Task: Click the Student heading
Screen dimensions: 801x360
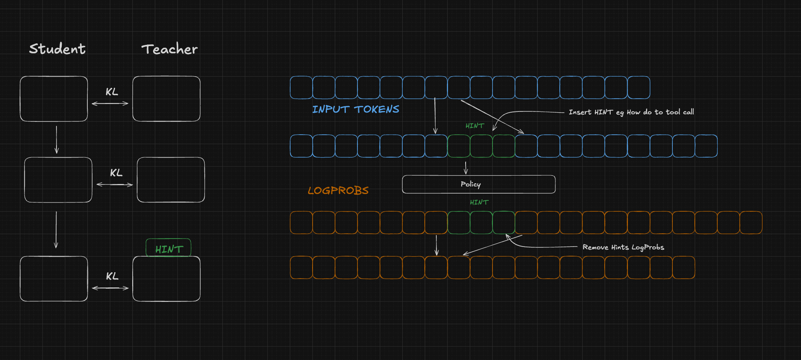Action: coord(57,49)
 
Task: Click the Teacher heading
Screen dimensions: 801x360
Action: coord(169,49)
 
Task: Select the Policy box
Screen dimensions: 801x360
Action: coord(479,184)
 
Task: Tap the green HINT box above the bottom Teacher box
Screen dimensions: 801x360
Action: coord(168,248)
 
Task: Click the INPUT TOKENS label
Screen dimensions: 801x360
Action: coord(356,109)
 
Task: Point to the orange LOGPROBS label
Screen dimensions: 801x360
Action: coord(338,190)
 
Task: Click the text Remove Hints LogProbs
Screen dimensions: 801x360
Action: coord(623,247)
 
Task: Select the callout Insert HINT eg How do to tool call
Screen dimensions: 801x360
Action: coord(632,112)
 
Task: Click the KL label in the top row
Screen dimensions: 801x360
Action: coord(112,92)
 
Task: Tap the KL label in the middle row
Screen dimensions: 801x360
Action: coord(116,173)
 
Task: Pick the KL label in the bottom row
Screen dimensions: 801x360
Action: coord(112,276)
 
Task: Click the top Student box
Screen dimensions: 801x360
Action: coord(54,99)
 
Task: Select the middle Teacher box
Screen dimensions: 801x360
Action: coord(171,180)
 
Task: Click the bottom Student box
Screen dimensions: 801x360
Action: coord(54,279)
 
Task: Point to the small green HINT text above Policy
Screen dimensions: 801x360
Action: coord(475,126)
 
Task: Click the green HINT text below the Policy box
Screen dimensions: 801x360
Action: coord(479,202)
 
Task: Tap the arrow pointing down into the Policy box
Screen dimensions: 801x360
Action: coord(466,168)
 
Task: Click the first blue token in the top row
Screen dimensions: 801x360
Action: coord(301,87)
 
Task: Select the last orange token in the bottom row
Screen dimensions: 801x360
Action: coord(684,267)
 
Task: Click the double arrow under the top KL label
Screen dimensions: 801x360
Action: coord(110,103)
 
